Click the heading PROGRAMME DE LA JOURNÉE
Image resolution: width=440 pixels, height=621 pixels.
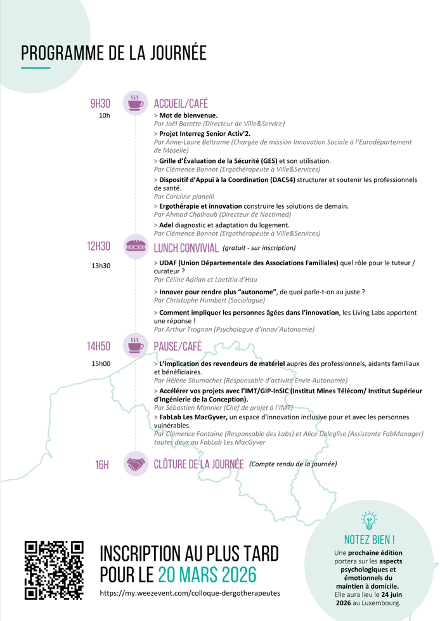coord(113,53)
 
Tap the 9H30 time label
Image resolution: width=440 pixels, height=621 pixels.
coord(100,103)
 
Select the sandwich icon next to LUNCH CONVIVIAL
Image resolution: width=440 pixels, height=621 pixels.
coord(135,247)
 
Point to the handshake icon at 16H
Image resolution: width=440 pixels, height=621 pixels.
coord(135,464)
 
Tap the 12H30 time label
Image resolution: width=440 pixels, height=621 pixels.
coord(99,247)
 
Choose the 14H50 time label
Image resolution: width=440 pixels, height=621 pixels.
coord(99,346)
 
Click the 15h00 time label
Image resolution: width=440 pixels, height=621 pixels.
coord(101,363)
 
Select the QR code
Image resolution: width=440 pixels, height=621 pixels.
coord(55,570)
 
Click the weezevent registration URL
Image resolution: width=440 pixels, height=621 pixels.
coord(190,593)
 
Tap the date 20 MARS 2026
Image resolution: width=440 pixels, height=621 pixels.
coord(207,574)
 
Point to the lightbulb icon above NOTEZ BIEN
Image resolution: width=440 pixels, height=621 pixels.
coord(368,520)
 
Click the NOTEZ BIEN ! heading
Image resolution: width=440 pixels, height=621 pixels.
coord(368,540)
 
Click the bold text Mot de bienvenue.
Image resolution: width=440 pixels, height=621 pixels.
coord(188,115)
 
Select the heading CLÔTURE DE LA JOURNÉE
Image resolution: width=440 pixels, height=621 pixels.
coord(198,464)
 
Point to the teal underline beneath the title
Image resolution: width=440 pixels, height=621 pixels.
coord(36,67)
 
